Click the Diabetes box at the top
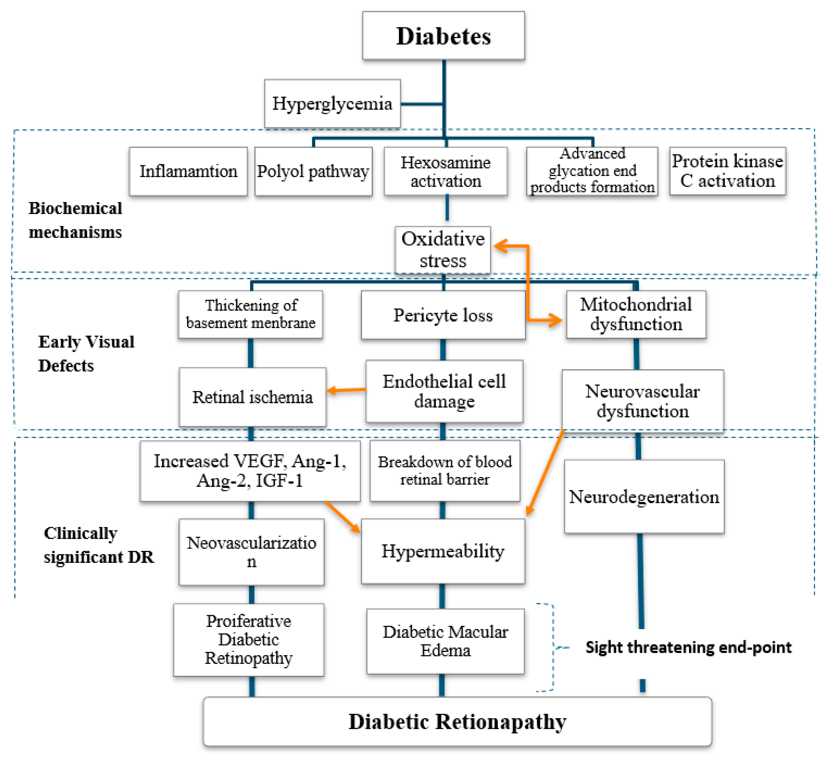(x=443, y=36)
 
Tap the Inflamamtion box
(x=188, y=171)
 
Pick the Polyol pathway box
(x=313, y=171)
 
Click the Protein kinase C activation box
(x=728, y=171)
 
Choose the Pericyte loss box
(x=443, y=315)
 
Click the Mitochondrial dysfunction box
(x=636, y=315)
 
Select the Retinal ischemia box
(x=252, y=397)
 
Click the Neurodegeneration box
(x=644, y=497)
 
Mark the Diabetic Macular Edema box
(x=445, y=641)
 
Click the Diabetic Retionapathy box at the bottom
(x=457, y=722)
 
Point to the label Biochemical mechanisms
(x=75, y=220)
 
